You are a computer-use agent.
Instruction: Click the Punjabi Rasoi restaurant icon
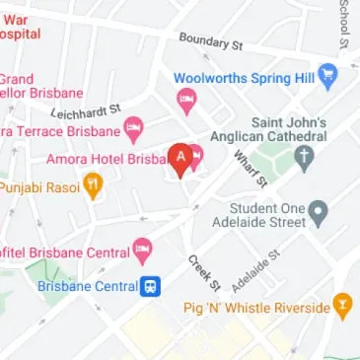click(93, 183)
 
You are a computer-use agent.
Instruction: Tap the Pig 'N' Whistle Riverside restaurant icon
click(342, 307)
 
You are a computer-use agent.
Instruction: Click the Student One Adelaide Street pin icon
click(318, 209)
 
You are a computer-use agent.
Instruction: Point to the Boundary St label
click(210, 41)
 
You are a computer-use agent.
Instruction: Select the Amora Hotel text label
click(109, 158)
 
